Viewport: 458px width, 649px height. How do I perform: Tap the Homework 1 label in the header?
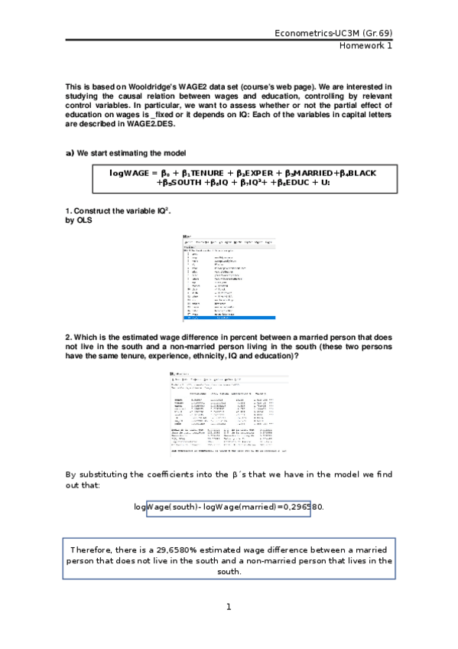tap(366, 46)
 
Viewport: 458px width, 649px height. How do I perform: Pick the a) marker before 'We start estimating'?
tap(70, 153)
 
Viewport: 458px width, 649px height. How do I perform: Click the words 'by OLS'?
tap(79, 220)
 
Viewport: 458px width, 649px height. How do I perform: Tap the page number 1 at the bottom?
tap(228, 607)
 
